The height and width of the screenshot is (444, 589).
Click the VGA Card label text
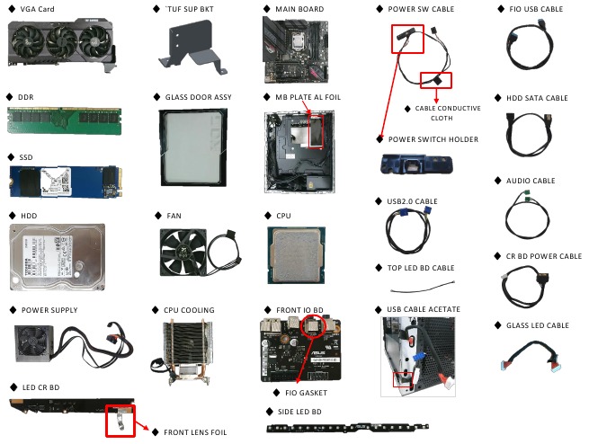[37, 9]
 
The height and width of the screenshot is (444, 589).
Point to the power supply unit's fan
[37, 344]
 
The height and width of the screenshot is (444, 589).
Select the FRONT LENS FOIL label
[194, 432]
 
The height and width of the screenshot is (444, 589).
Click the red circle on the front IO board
[314, 325]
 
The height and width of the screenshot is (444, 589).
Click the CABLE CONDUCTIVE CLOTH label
[447, 112]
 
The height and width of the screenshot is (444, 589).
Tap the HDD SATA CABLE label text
[537, 98]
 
